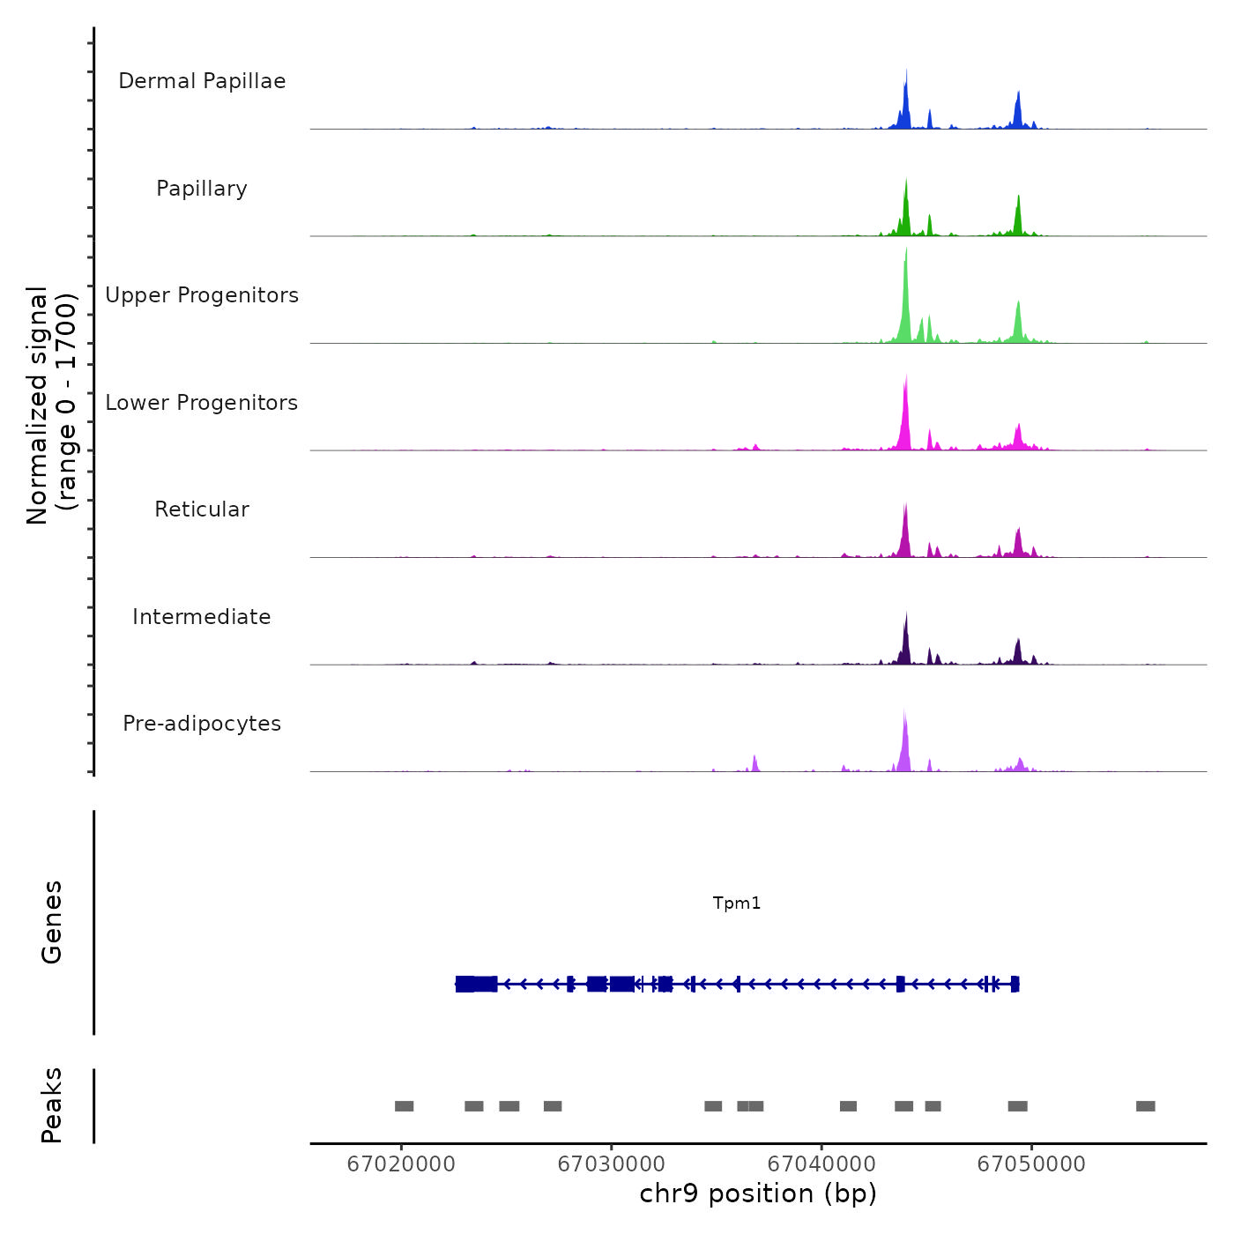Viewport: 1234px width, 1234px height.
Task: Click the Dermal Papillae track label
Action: point(202,81)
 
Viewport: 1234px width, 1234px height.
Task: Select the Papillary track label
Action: point(202,189)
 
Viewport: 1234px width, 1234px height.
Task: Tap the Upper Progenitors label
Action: point(202,295)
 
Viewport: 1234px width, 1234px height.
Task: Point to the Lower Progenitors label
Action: point(202,403)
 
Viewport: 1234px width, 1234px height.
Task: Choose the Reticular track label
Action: point(202,509)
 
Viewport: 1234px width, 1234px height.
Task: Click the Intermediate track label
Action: point(202,617)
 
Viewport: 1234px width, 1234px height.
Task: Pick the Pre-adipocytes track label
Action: point(202,724)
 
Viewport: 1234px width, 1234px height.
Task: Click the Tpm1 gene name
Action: point(737,903)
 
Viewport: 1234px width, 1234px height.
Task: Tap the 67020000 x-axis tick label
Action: point(401,1163)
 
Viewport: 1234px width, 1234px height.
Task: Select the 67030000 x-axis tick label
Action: point(612,1163)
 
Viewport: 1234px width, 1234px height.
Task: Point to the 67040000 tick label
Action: point(821,1163)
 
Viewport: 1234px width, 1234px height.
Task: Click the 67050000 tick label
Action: point(1031,1163)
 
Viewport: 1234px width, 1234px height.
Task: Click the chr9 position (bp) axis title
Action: point(758,1193)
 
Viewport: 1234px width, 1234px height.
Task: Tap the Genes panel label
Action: point(52,922)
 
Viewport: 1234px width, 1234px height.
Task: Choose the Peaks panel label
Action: point(52,1105)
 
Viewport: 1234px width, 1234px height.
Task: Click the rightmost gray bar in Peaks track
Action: point(1145,1106)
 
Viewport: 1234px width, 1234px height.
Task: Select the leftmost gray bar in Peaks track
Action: point(404,1106)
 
